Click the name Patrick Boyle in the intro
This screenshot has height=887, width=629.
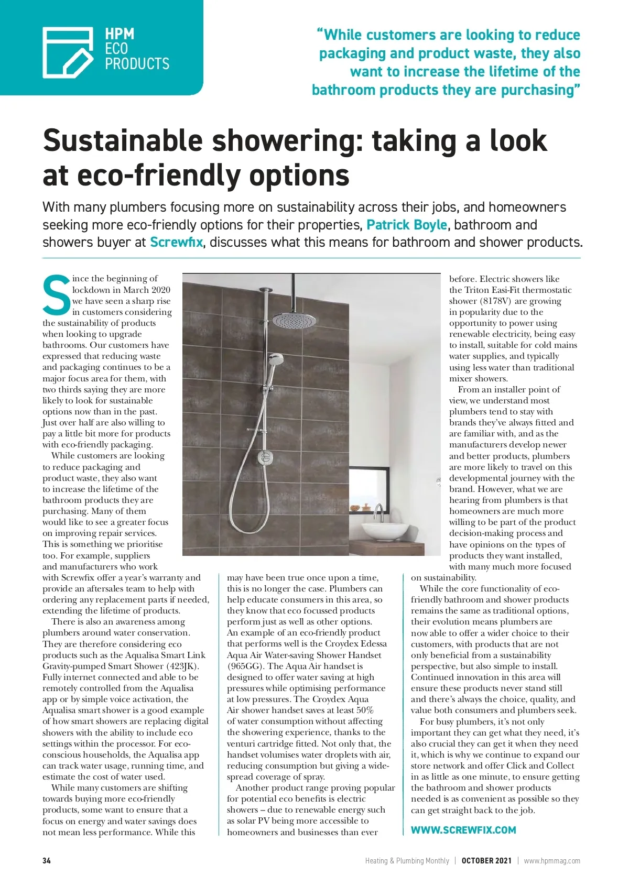(x=407, y=225)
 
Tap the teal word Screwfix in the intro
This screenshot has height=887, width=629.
(x=176, y=243)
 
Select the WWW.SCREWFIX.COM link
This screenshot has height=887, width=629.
(x=463, y=830)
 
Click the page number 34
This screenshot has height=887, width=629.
(x=47, y=861)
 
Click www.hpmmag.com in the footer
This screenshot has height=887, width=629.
(x=552, y=861)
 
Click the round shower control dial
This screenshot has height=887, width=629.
(x=264, y=456)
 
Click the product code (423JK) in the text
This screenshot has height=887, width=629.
(x=182, y=666)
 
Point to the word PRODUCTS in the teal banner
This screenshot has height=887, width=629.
(x=137, y=64)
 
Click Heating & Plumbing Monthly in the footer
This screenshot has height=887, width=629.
(x=407, y=861)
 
